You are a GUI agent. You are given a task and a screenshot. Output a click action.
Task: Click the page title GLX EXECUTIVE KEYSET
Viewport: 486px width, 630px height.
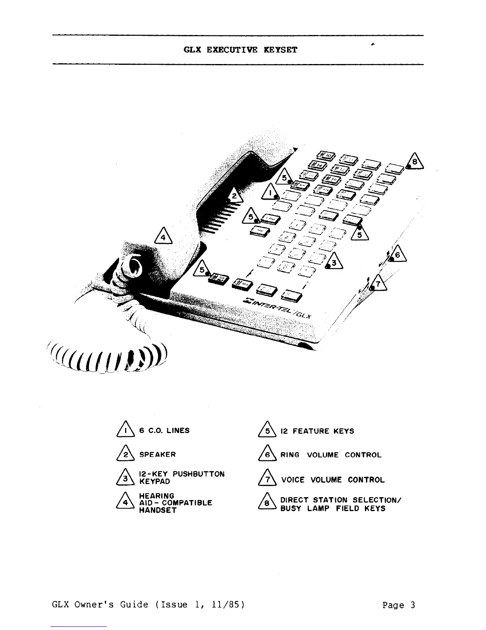coord(240,50)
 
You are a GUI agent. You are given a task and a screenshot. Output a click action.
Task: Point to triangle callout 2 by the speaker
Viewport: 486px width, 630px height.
coord(234,195)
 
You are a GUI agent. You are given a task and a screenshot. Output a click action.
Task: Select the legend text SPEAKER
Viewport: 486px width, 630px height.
coord(157,454)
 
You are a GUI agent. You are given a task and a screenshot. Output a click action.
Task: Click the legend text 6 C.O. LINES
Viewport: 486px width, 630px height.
coord(164,430)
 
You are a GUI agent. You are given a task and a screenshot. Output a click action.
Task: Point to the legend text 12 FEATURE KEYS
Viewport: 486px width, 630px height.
coord(317,431)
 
